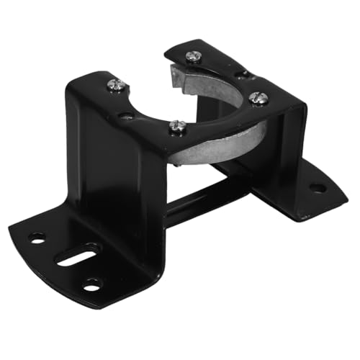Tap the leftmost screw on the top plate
coord(117,85)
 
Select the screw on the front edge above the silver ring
coord(177,127)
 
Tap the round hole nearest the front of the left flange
coord(92,284)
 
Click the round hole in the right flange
coord(317,188)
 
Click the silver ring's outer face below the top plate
coord(216,148)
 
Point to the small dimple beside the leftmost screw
coord(127,115)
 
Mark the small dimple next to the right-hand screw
coord(243,74)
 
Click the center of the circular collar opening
coord(216,108)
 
